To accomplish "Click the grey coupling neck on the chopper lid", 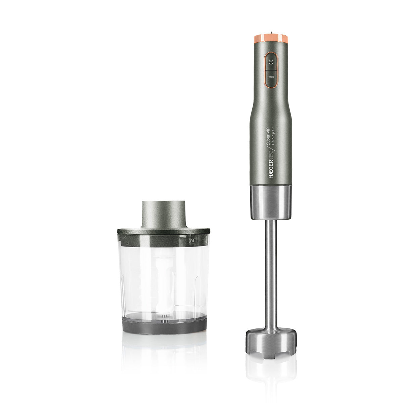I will click(x=164, y=214).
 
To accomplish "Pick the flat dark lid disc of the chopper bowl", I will click(x=164, y=231).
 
